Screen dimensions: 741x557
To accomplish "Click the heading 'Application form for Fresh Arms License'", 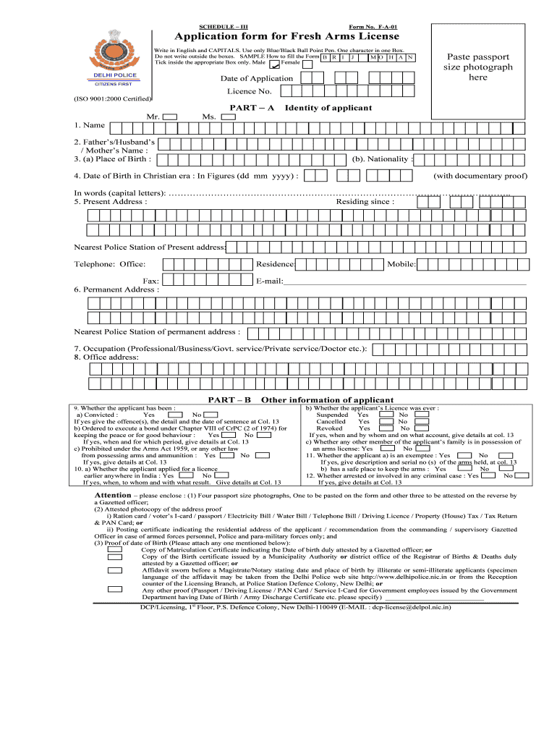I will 287,37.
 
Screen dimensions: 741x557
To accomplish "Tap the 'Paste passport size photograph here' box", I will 477,67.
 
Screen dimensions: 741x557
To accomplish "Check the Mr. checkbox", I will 170,117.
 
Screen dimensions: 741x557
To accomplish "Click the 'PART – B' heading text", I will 229,399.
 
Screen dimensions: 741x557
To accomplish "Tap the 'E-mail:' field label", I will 269,281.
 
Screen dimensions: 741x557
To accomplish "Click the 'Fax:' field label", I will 151,281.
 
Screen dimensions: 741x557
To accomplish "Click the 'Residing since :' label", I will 365,202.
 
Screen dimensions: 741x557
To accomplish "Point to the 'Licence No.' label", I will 250,92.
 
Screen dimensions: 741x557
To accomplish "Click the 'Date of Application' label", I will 257,78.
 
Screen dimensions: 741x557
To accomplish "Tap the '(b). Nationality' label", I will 381,159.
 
